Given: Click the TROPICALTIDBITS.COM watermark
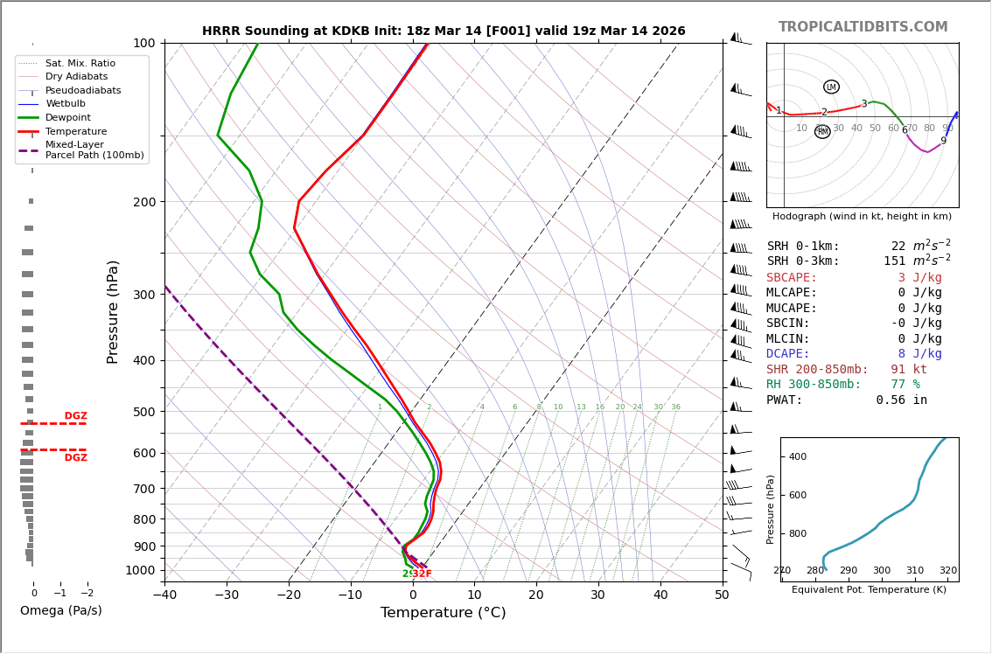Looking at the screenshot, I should click(x=863, y=27).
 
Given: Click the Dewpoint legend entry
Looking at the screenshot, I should click(x=68, y=118).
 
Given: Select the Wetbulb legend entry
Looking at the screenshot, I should click(x=66, y=104).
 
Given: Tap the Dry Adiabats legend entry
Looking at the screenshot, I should click(x=77, y=77).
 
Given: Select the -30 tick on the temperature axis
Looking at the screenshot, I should click(x=227, y=595).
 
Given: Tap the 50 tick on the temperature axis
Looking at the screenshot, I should click(x=722, y=595).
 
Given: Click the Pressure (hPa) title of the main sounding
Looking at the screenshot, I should click(x=113, y=311).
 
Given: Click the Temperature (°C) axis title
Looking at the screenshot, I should click(x=443, y=613).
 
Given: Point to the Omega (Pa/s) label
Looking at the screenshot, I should click(x=61, y=611).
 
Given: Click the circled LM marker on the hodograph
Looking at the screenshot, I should click(x=831, y=87).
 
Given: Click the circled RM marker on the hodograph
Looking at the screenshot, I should click(x=822, y=132).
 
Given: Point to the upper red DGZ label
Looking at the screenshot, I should click(x=75, y=416).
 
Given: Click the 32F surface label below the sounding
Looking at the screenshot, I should click(x=422, y=574).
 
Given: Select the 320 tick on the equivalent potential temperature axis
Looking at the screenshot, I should click(x=947, y=571).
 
